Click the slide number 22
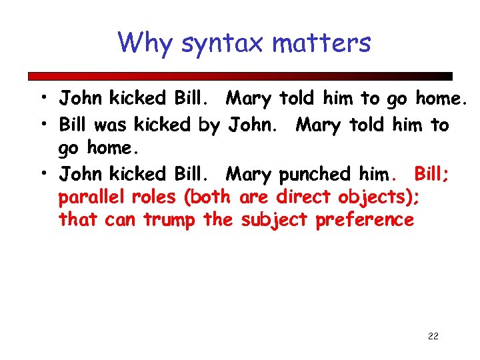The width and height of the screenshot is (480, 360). [433, 337]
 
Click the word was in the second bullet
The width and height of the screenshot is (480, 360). [112, 125]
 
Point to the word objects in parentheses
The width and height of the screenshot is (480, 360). [379, 198]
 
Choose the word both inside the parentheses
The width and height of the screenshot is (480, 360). [211, 197]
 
